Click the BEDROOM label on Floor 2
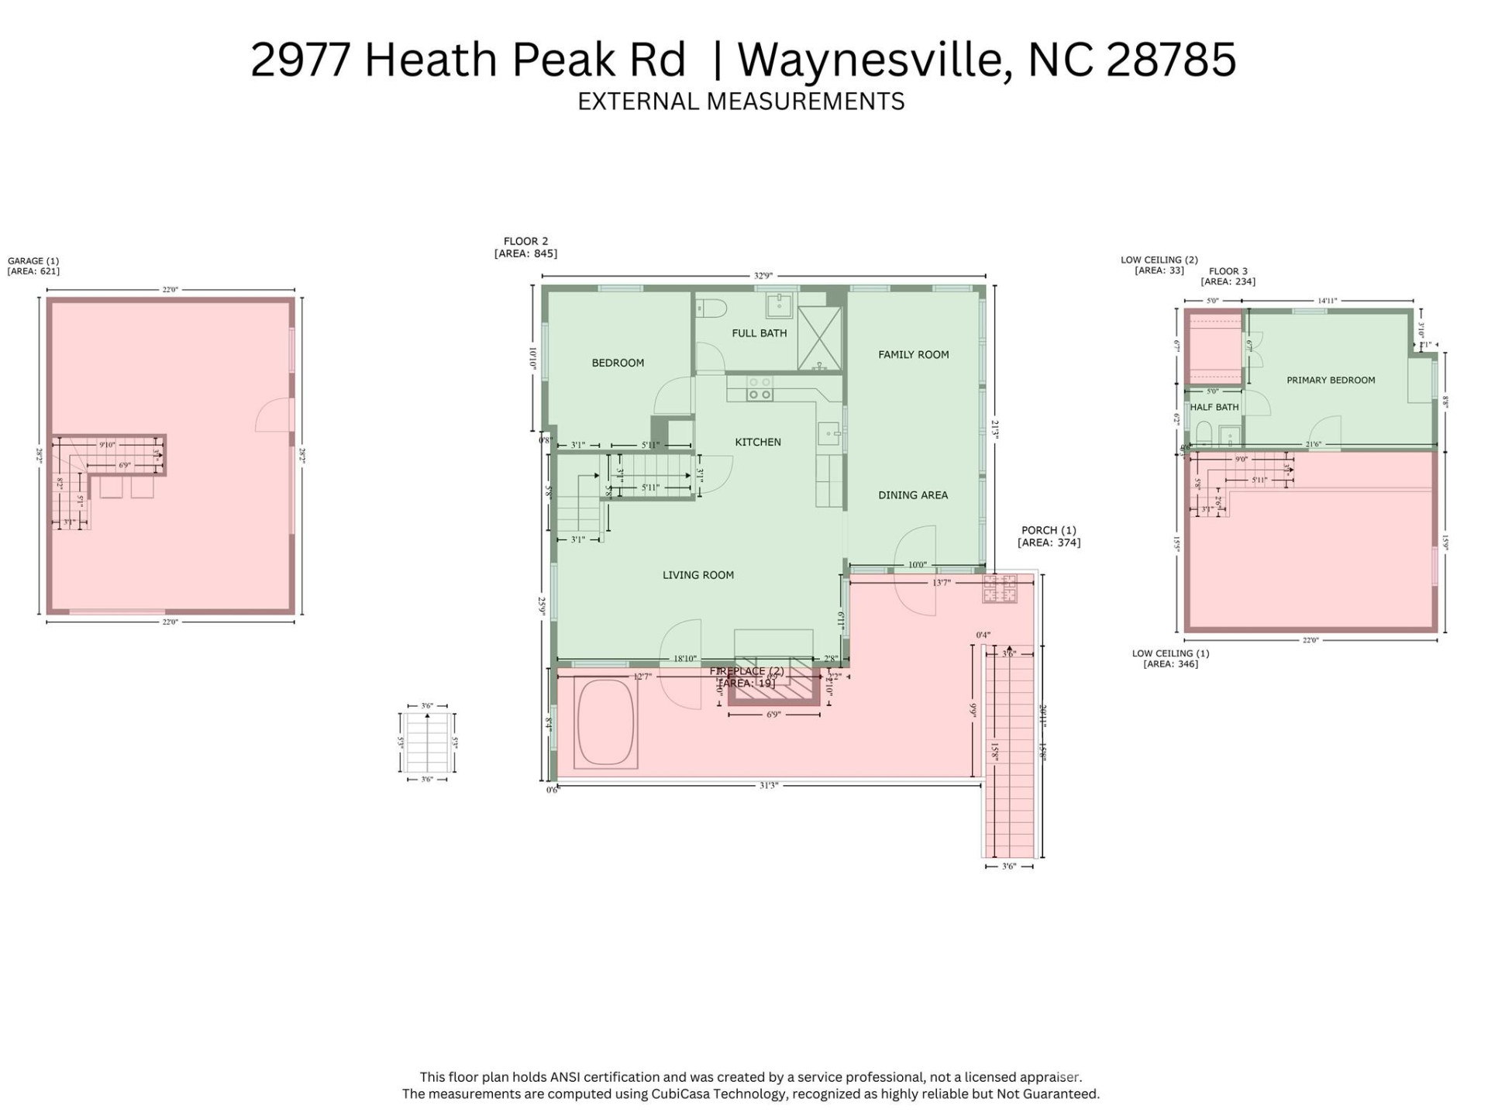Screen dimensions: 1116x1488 (x=618, y=363)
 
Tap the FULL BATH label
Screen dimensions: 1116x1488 (x=759, y=333)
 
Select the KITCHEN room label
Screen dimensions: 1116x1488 (x=757, y=442)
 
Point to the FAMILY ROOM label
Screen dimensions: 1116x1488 (x=913, y=355)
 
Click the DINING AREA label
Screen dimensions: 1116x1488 (x=912, y=495)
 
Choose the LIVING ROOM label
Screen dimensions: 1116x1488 (x=697, y=575)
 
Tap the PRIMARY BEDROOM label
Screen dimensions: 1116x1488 (x=1330, y=381)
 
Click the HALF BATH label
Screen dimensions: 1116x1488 (x=1214, y=408)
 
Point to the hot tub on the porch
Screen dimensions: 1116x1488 (x=606, y=723)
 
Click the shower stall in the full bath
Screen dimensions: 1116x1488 (x=819, y=339)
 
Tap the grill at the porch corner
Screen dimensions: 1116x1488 (x=1000, y=589)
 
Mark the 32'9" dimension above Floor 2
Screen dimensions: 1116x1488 (x=763, y=276)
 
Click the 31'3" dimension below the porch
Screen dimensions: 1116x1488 (x=767, y=786)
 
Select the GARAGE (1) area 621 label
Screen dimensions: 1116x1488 (x=33, y=267)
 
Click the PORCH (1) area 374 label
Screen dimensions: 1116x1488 (x=1048, y=536)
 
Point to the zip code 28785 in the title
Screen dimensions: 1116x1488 (x=1170, y=60)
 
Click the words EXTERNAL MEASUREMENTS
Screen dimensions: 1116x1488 (x=741, y=102)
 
